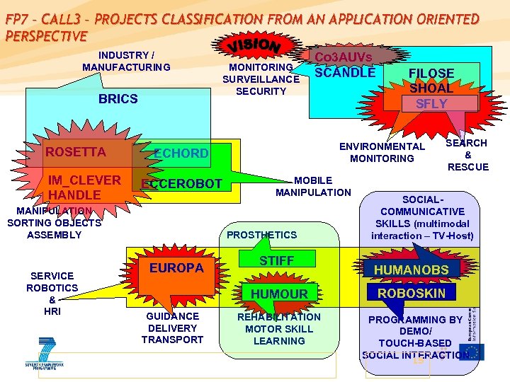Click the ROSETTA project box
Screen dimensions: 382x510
click(76, 152)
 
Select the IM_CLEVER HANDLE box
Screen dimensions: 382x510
click(76, 186)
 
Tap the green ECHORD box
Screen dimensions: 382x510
click(181, 153)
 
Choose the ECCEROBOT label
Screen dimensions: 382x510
click(181, 185)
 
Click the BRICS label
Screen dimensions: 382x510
click(118, 99)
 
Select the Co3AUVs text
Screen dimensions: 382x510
click(344, 57)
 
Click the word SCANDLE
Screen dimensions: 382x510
click(345, 72)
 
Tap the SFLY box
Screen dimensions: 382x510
click(431, 103)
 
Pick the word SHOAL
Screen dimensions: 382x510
click(431, 88)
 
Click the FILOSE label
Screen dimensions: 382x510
click(431, 73)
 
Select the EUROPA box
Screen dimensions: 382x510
click(176, 268)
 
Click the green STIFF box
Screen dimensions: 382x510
click(276, 260)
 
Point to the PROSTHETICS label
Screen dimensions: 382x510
click(261, 235)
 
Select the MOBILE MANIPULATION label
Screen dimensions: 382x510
click(312, 186)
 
